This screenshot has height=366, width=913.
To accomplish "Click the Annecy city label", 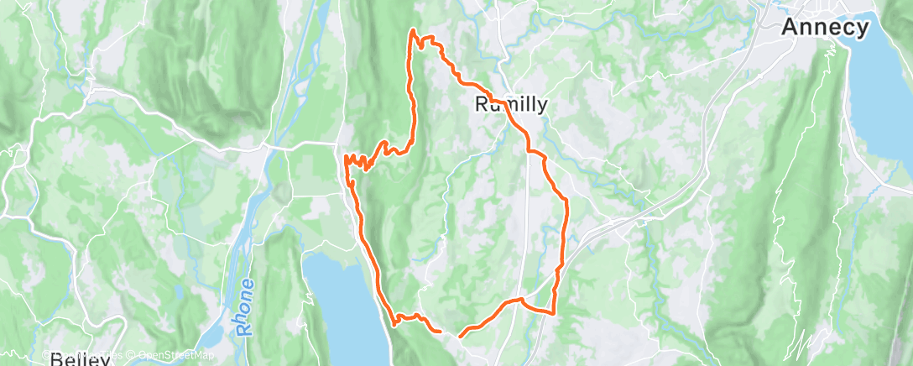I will (826, 28).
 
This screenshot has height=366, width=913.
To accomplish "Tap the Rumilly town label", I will (512, 105).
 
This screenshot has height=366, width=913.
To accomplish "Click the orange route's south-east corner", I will (554, 313).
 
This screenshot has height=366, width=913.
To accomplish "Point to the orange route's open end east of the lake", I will (461, 335).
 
